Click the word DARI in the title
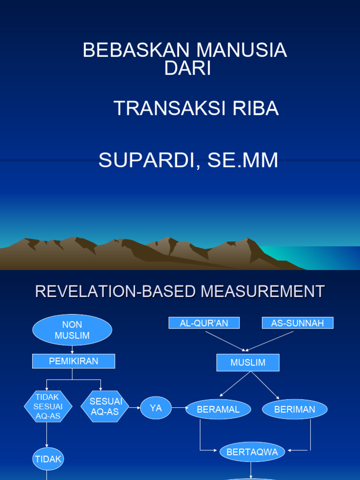(187, 69)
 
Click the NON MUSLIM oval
(72, 330)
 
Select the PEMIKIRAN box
(73, 361)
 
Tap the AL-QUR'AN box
(204, 323)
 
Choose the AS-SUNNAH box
(297, 323)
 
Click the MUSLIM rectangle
(247, 362)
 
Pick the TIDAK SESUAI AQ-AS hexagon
(48, 406)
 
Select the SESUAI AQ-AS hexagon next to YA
(105, 406)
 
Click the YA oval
(156, 408)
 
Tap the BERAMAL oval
(218, 409)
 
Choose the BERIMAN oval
(294, 409)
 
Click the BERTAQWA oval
(252, 452)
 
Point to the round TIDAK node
(48, 459)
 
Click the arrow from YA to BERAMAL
(179, 408)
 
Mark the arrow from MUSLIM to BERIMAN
(265, 386)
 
